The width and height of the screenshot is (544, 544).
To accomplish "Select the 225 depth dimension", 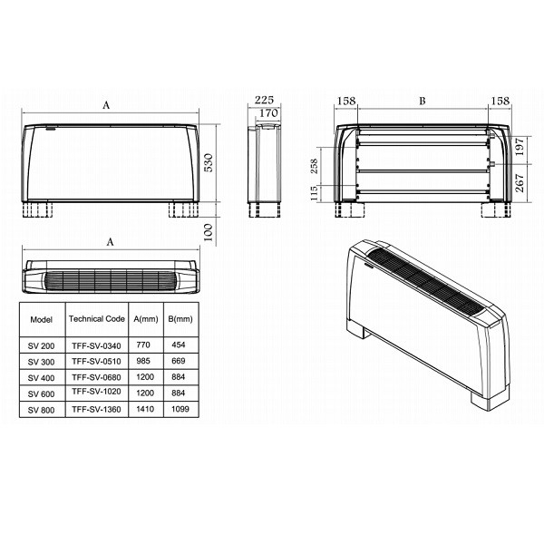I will click(264, 100).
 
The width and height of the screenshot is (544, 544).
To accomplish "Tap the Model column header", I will click(41, 320).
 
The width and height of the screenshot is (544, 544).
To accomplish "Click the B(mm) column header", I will click(179, 319).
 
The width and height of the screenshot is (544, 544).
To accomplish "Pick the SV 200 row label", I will click(41, 347).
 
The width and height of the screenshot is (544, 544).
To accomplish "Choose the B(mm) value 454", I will click(178, 347).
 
